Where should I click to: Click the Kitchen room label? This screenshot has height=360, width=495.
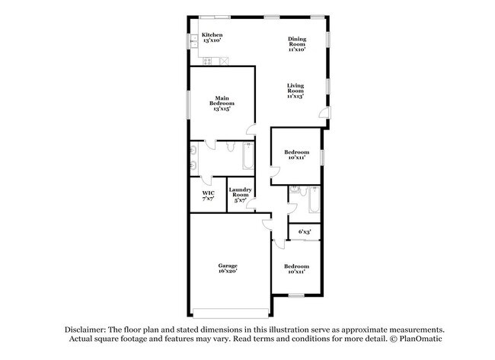212,37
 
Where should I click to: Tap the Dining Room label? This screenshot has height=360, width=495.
297,44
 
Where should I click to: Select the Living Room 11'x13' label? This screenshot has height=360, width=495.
295,91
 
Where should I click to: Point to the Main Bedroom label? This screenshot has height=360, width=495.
222,104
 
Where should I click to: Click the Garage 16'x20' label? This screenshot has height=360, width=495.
228,268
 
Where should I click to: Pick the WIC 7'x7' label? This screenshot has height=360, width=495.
209,196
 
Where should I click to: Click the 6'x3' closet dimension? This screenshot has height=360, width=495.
305,232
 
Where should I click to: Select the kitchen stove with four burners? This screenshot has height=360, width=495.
207,61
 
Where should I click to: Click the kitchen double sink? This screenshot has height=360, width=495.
194,41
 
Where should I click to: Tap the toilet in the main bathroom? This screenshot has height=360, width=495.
231,146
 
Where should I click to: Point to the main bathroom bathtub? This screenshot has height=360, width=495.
247,155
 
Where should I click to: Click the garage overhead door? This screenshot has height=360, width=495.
231,314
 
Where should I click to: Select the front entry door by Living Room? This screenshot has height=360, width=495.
325,113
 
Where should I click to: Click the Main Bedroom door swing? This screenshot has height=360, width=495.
251,129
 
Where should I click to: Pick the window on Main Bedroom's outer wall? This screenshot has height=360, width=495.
188,105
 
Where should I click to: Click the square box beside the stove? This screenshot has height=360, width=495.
224,61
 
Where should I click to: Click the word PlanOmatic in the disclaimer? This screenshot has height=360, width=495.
420,339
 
